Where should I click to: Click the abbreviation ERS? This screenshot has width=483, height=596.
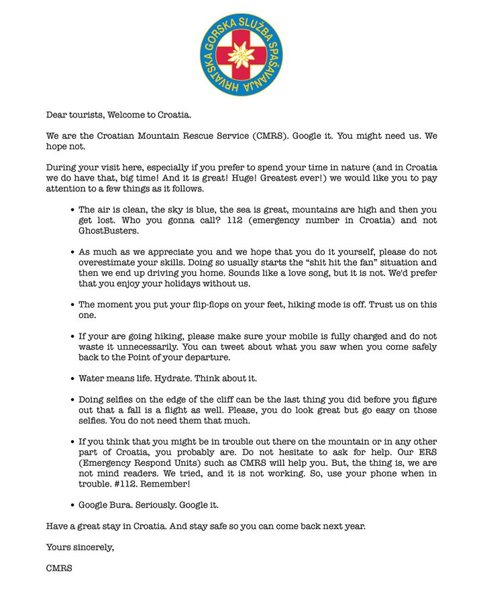pos(426,452)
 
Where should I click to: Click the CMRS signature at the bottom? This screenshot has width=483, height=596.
pos(59,568)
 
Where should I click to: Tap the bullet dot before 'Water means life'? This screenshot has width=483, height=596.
pos(72,379)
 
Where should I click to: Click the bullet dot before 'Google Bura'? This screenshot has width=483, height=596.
pos(72,505)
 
